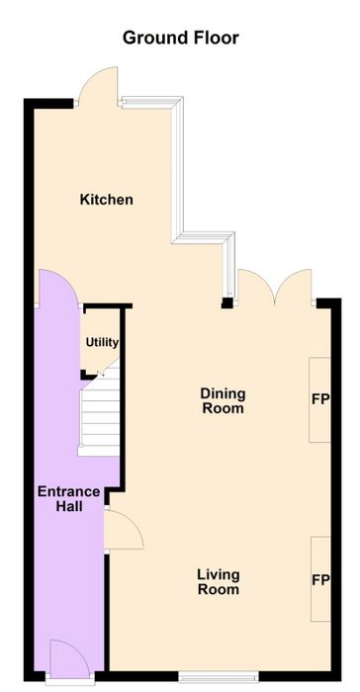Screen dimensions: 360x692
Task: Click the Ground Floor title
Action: click(x=180, y=38)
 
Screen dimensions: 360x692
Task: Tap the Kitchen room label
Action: click(x=107, y=200)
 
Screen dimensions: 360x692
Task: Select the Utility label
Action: click(x=102, y=342)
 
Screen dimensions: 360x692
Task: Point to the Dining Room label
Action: click(x=223, y=400)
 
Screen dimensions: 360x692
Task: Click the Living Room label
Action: click(x=219, y=582)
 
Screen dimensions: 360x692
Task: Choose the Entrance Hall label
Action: click(x=69, y=498)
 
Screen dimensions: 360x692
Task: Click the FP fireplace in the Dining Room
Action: click(x=319, y=399)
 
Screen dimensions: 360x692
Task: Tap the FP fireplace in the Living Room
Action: click(x=320, y=579)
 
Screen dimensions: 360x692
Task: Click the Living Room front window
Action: click(x=219, y=675)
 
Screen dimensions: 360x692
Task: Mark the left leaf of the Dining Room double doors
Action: click(x=256, y=288)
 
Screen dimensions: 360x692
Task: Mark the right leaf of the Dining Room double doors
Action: click(x=294, y=288)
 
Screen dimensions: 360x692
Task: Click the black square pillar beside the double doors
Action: click(x=227, y=303)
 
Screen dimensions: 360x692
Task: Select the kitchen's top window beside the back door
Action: click(x=151, y=103)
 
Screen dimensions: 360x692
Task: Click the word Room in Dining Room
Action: click(x=223, y=408)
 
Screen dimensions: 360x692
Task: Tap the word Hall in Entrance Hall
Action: click(x=69, y=506)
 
